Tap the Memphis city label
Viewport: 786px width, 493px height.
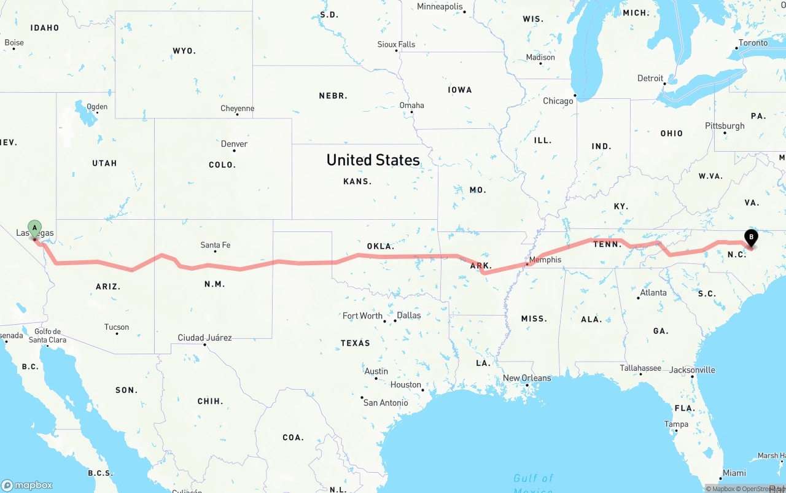pos(545,260)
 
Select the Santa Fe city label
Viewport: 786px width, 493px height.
pos(216,245)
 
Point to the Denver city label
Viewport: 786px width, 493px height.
pos(234,144)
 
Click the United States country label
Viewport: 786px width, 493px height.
pos(373,160)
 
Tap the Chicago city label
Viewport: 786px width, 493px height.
pos(558,101)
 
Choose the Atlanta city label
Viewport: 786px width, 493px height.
pos(653,293)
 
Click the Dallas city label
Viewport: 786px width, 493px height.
pos(409,316)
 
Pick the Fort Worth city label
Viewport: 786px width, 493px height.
pos(362,316)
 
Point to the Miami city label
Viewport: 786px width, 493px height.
pos(734,473)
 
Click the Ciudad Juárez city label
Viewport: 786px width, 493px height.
pos(204,338)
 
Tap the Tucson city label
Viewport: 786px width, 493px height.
pos(117,327)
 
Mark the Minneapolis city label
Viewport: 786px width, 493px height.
pos(440,7)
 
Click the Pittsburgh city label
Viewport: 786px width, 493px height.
pos(725,126)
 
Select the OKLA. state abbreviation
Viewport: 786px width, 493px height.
pos(380,246)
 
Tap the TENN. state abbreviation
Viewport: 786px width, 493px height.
pos(608,244)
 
